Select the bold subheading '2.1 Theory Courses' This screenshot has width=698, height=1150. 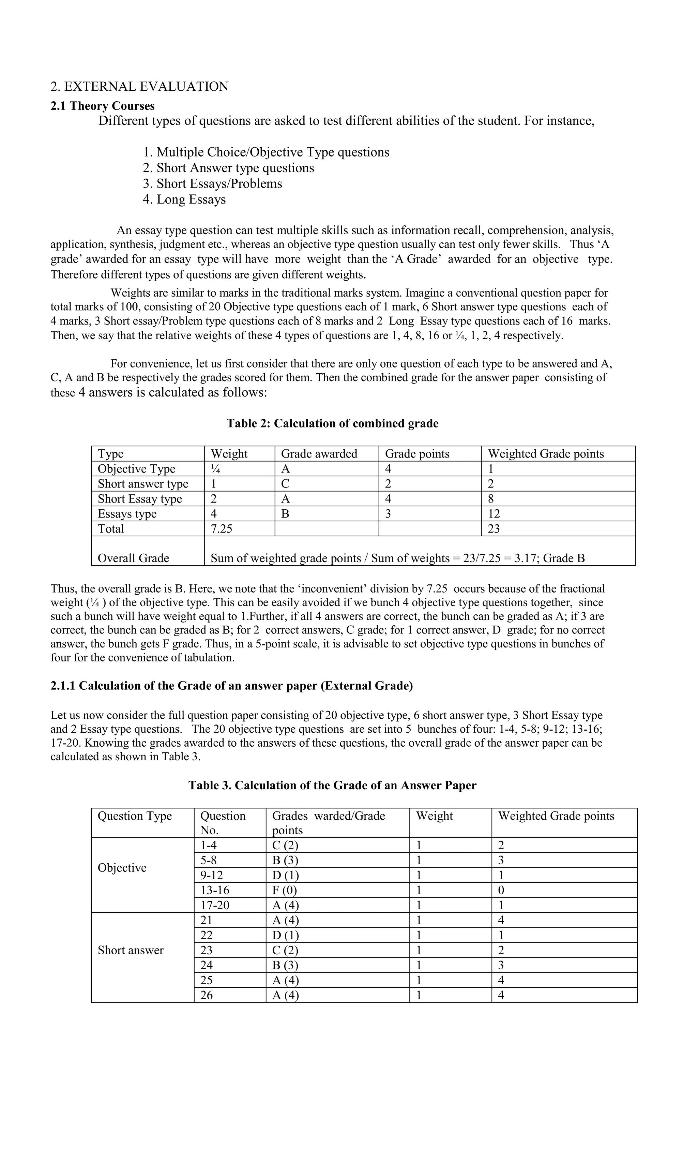[x=102, y=106]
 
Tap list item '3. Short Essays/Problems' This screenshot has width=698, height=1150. [x=212, y=183]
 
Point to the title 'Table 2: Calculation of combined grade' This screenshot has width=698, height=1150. [x=332, y=423]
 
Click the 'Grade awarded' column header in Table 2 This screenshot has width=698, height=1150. [x=319, y=454]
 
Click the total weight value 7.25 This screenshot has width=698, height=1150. [x=221, y=528]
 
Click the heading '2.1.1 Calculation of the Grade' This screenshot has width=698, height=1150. [x=231, y=686]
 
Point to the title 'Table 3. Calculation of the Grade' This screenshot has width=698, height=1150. [x=332, y=785]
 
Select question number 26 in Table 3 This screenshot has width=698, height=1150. [x=206, y=995]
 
